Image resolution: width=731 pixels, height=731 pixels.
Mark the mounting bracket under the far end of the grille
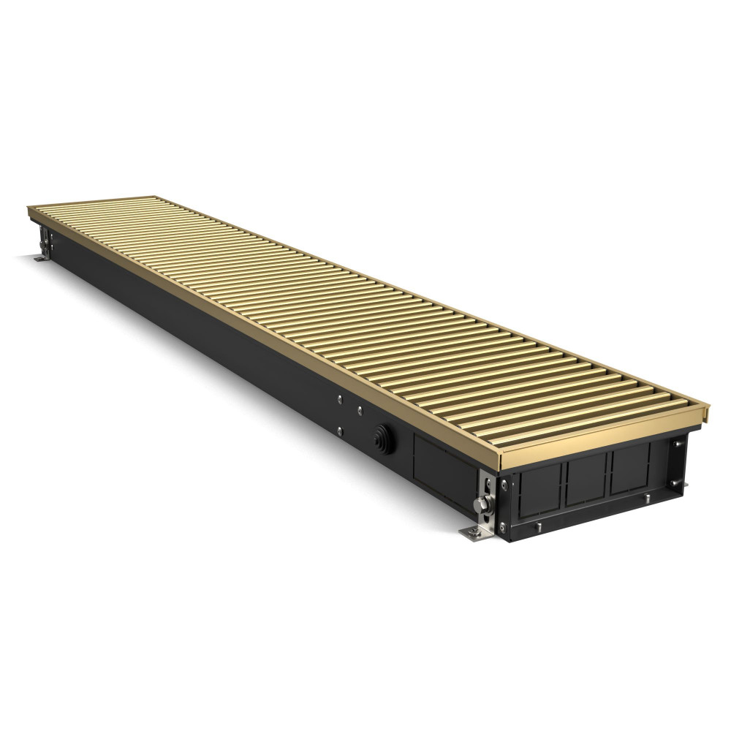click(x=45, y=237)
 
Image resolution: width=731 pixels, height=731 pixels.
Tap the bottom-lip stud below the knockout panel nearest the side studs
click(x=647, y=497)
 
